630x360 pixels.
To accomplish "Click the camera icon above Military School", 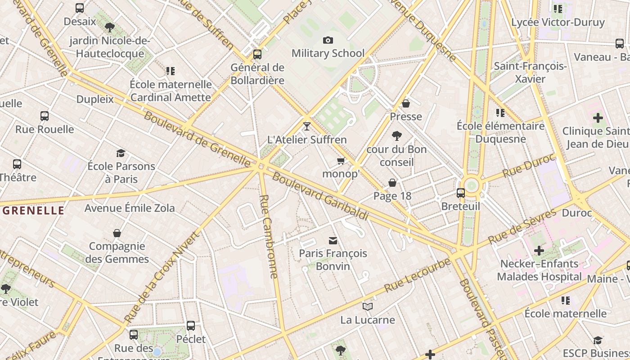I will click(x=328, y=40).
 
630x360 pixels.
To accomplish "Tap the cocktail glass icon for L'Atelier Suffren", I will click(x=307, y=126).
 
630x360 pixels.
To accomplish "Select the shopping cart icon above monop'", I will click(x=341, y=161).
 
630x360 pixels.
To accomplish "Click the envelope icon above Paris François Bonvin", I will click(x=333, y=241).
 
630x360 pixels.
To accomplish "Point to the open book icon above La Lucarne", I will click(x=368, y=307).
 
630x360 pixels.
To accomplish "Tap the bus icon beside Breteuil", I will click(x=461, y=193).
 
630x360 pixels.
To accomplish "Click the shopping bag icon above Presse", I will click(x=406, y=104).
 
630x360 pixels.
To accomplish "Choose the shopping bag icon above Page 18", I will click(x=392, y=183).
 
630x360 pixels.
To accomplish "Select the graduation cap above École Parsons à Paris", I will click(x=121, y=153).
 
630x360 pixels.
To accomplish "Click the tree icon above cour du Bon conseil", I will click(x=396, y=135).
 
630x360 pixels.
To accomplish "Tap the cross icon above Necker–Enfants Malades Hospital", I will click(x=539, y=251).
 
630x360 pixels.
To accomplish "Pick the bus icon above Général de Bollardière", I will click(x=257, y=54).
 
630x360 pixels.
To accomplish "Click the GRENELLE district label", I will click(x=34, y=211).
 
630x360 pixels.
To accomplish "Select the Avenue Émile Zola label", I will click(x=130, y=208).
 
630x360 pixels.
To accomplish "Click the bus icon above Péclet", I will click(x=191, y=326).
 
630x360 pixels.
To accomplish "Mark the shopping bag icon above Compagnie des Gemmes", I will click(x=117, y=233).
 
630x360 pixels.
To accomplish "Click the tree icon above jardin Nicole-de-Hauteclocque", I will click(x=109, y=27).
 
